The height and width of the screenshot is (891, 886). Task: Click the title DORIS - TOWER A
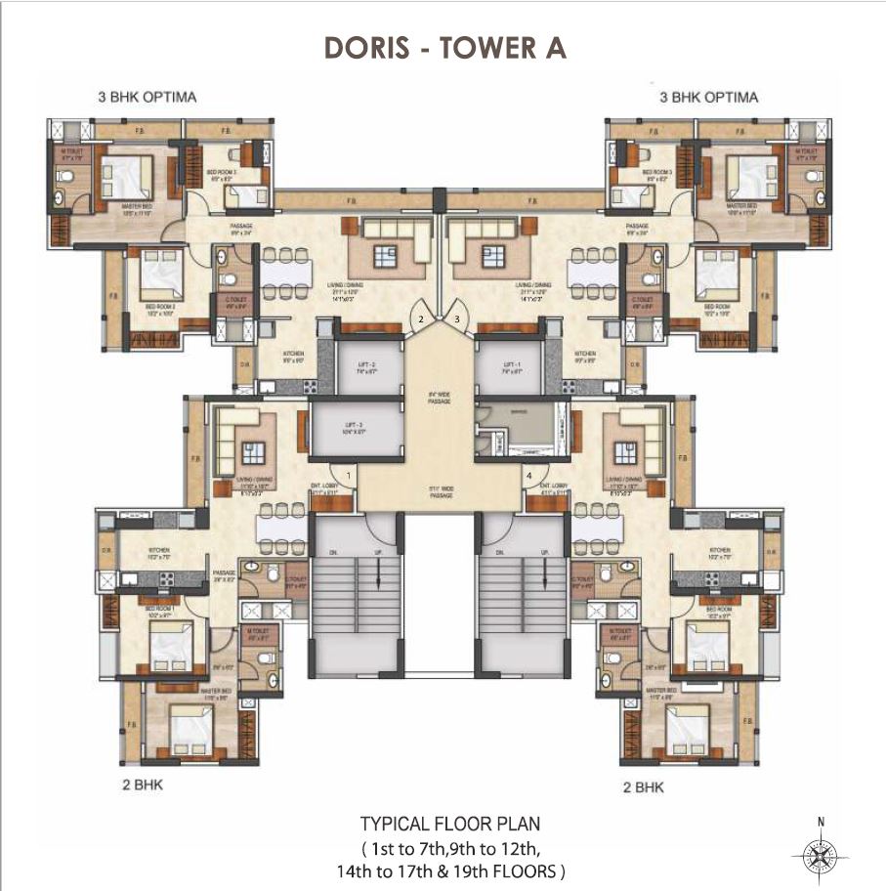point(443,49)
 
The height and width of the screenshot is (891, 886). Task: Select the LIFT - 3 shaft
point(356,430)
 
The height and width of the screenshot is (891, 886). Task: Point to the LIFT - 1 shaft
point(509,366)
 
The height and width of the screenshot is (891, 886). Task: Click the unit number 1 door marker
point(348,476)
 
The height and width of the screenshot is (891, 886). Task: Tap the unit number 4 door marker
point(530,476)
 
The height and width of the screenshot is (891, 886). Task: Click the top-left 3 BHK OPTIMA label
point(148,97)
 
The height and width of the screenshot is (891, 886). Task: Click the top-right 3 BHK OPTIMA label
point(709,97)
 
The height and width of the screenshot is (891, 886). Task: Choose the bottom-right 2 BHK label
point(644,785)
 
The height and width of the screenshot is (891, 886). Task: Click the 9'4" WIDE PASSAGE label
point(439,399)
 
